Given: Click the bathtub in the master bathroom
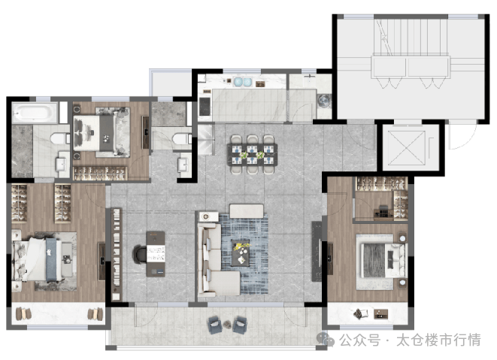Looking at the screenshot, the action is click(35, 112).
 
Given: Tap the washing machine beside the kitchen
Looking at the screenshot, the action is click(324, 101).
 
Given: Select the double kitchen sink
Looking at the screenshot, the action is click(243, 82).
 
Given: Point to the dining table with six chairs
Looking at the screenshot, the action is click(253, 154).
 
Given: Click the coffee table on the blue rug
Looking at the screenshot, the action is click(241, 253).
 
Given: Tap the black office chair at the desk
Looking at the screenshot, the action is click(140, 254).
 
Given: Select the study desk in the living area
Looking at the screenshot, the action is click(156, 254).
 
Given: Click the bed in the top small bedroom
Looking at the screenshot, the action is click(102, 132).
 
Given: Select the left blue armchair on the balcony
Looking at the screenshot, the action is click(215, 324).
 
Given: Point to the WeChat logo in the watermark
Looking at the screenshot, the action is click(326, 340).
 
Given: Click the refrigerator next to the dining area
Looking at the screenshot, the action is click(205, 139).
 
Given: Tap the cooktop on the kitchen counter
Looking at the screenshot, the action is click(205, 106).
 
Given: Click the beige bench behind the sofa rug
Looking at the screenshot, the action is click(247, 211).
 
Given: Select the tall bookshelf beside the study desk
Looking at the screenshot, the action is click(117, 254).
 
